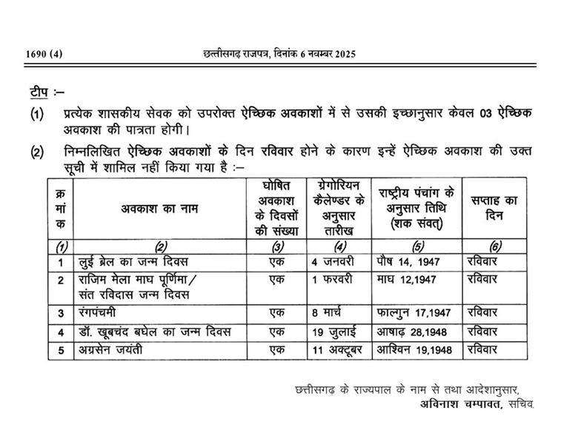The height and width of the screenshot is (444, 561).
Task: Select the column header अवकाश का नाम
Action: click(x=161, y=209)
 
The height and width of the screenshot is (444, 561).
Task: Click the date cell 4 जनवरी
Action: click(x=335, y=260)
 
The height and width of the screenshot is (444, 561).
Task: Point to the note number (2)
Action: click(x=36, y=153)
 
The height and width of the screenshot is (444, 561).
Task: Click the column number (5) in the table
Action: click(x=418, y=246)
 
